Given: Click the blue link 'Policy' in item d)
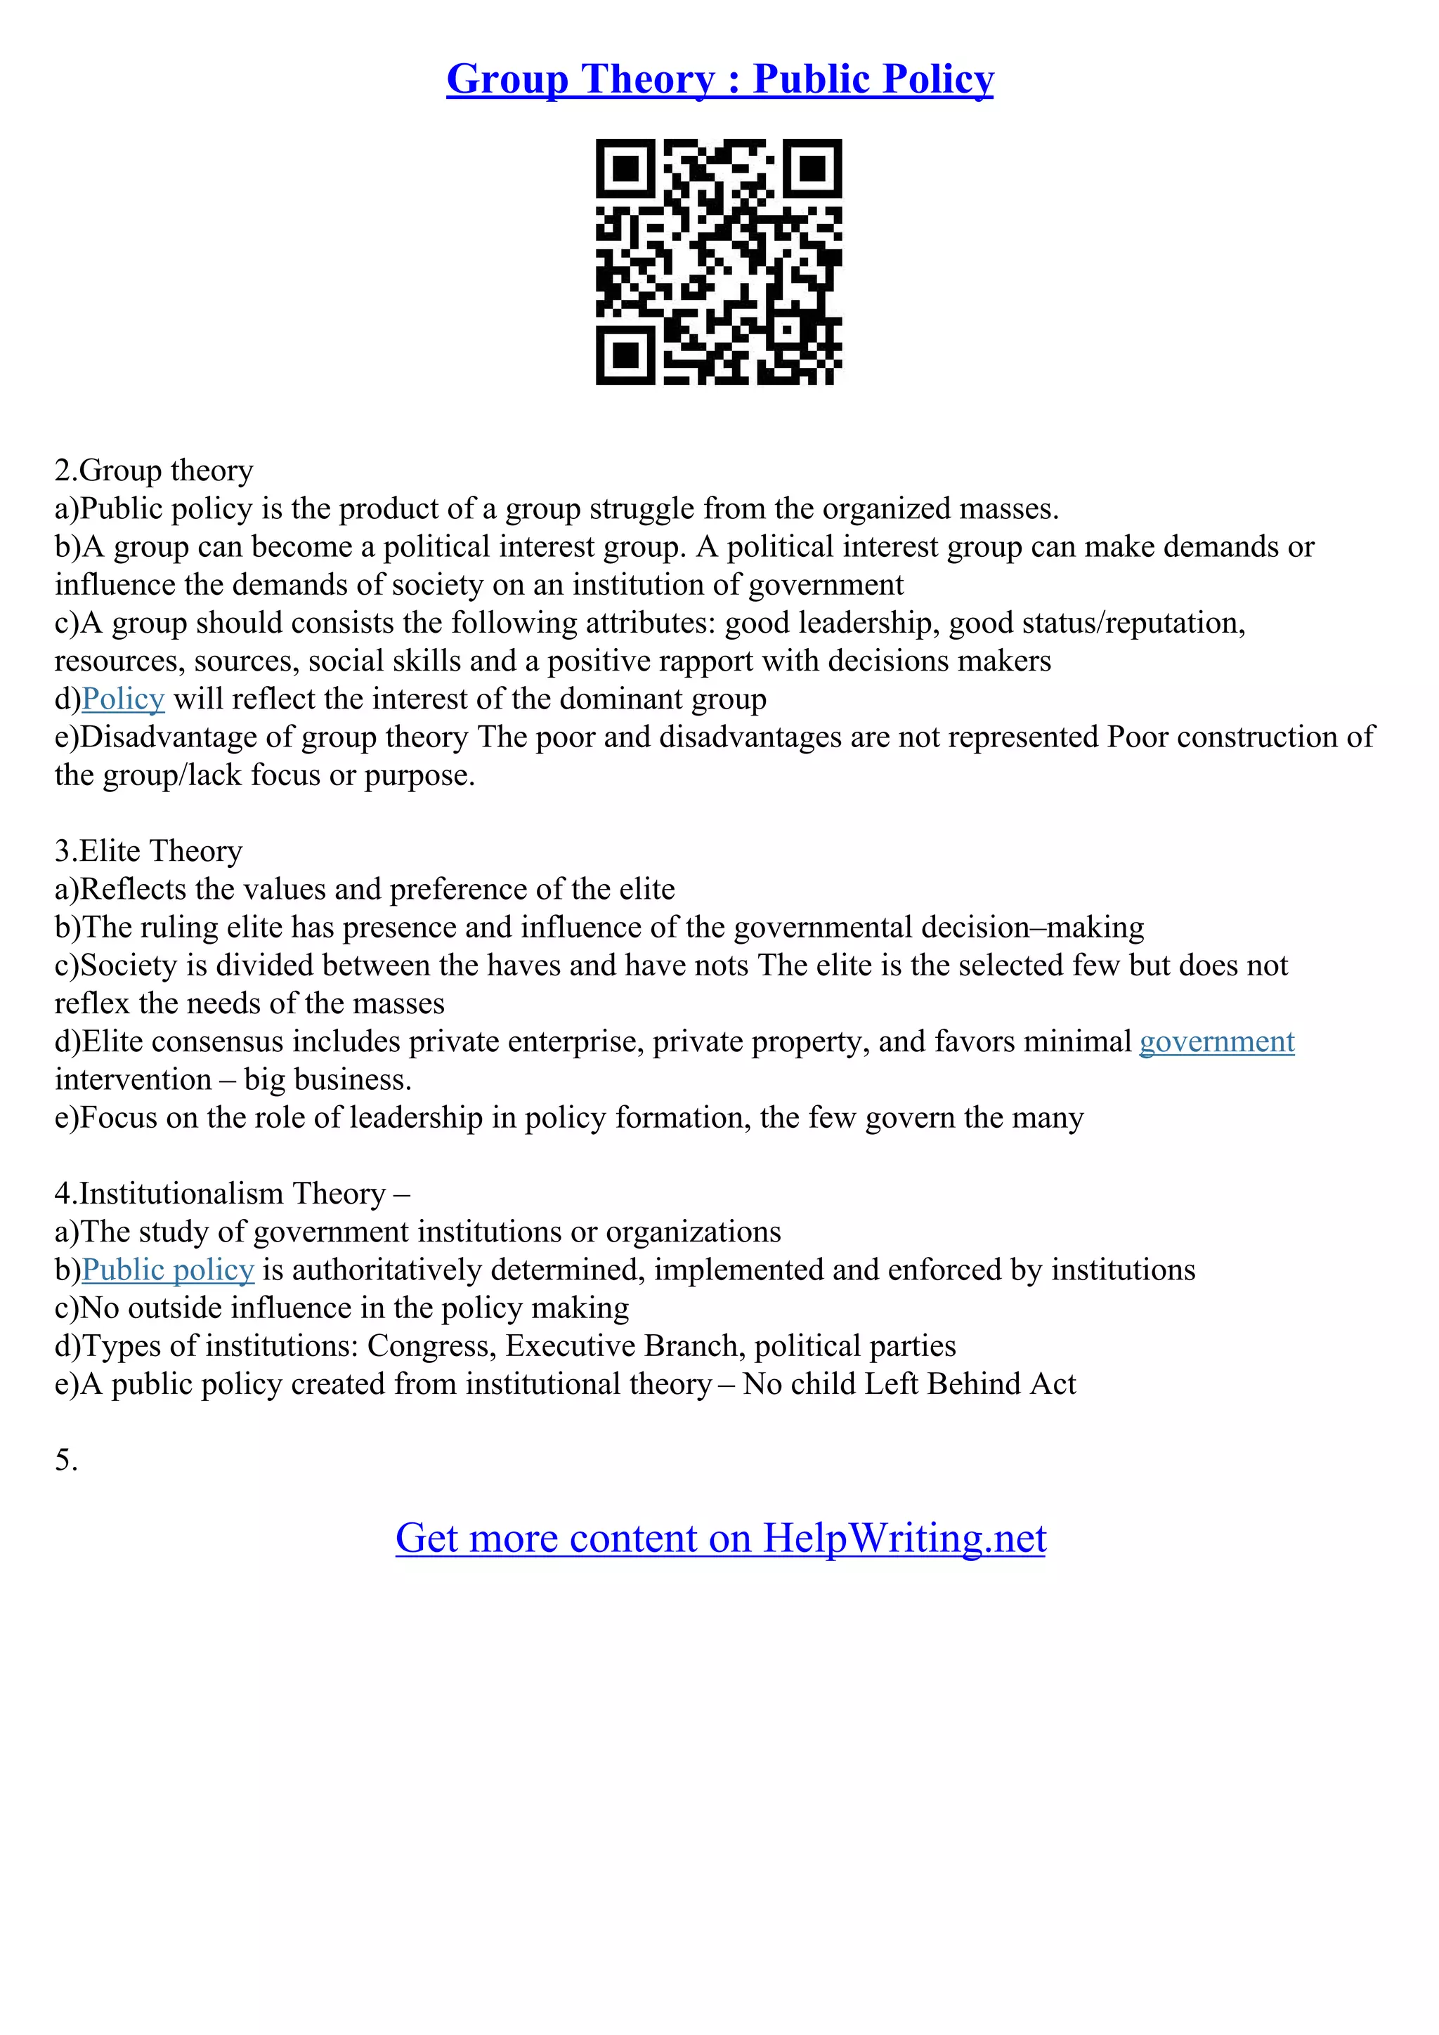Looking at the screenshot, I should pyautogui.click(x=122, y=699).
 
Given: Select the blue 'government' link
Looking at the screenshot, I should pyautogui.click(x=1216, y=1041).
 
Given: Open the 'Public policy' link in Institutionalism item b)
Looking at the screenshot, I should pyautogui.click(x=167, y=1270).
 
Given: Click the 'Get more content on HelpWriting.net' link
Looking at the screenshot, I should pyautogui.click(x=720, y=1539).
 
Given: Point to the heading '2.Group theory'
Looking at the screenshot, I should pyautogui.click(x=153, y=470).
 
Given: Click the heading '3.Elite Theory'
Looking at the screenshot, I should pyautogui.click(x=148, y=851).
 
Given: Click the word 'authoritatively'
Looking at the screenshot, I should pyautogui.click(x=386, y=1270).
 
